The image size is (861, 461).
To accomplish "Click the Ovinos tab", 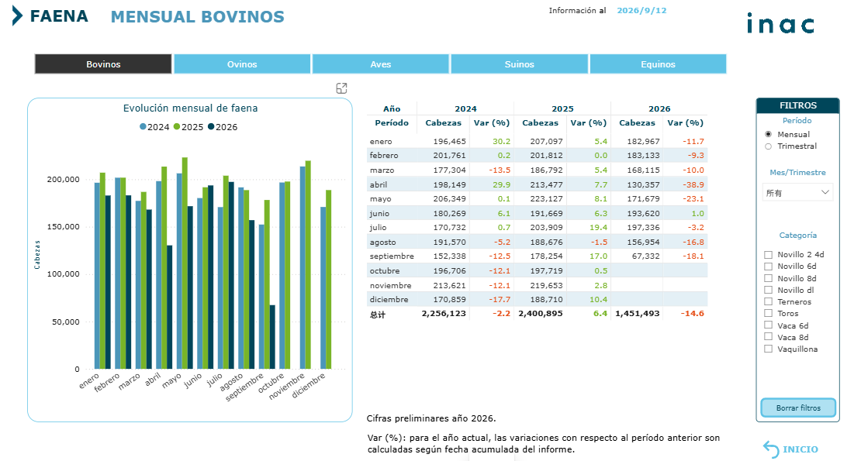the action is [x=242, y=64].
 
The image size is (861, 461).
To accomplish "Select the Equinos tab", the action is [x=658, y=64].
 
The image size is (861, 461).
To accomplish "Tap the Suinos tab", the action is [x=520, y=64].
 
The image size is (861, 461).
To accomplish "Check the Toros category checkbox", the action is [x=768, y=314].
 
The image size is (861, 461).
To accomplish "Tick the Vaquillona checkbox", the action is [x=768, y=349].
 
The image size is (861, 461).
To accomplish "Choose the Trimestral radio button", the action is [x=768, y=146].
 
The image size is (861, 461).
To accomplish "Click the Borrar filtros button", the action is [x=798, y=408].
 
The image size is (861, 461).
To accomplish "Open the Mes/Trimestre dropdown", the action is [x=797, y=192].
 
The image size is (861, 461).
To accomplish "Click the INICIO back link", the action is [x=790, y=449].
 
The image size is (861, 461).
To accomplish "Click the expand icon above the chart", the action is [x=341, y=88].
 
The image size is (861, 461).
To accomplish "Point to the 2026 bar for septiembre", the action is [x=272, y=337].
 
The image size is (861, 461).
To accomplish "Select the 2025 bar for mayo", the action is [x=185, y=263].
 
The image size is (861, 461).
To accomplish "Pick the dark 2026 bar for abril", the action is [x=170, y=307].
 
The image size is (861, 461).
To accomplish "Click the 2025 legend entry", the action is [x=188, y=127].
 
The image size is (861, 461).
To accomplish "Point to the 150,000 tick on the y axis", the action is [x=63, y=226].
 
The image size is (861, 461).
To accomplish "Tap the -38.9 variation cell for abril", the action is [x=693, y=184].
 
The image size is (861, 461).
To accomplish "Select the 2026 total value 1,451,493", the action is [x=638, y=314].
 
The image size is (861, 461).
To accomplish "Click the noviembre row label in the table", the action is [x=390, y=285].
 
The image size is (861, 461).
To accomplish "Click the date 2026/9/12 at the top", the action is [x=641, y=10].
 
